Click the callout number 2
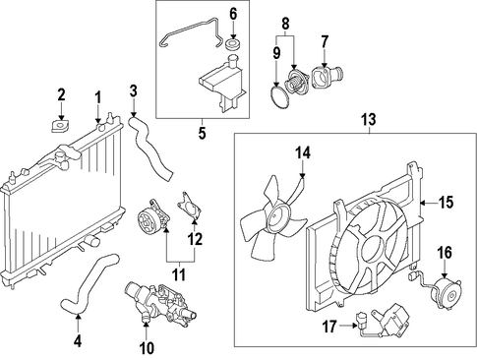point(61,95)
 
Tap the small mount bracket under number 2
point(60,127)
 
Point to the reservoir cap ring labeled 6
point(233,45)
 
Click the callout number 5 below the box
point(203,134)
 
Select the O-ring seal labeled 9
point(278,97)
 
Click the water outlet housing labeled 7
point(327,77)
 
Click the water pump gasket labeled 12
point(190,207)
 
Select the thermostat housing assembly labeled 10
point(160,302)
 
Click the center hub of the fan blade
point(276,217)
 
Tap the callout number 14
point(303,153)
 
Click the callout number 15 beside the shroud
point(447,203)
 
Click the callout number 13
point(369,120)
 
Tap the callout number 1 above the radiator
point(98,97)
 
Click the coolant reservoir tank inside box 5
point(222,85)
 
